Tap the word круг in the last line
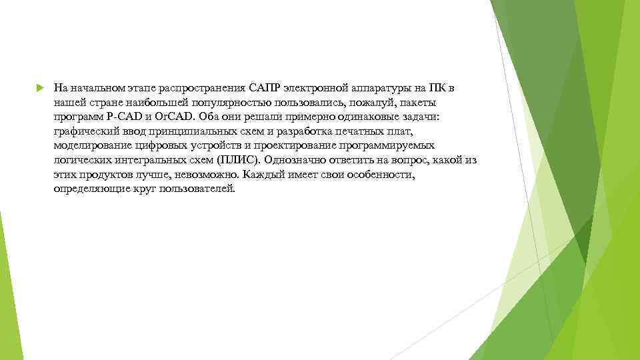coord(134,189)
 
